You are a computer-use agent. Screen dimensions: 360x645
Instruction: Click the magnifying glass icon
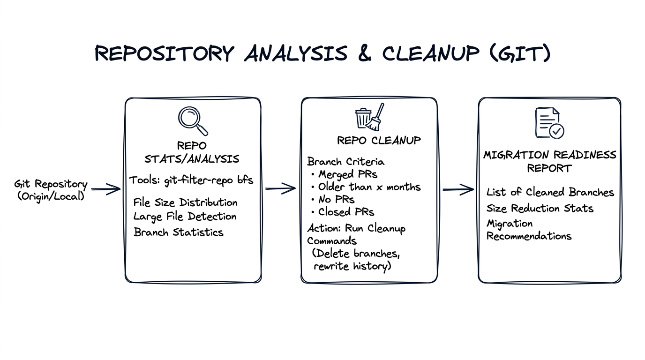point(192,120)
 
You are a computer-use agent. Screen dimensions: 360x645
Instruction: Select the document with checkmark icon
point(549,123)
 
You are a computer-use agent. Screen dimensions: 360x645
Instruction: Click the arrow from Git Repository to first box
point(106,189)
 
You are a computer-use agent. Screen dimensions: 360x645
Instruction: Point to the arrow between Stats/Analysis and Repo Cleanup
point(280,189)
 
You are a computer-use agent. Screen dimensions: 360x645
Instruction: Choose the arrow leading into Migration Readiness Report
point(458,189)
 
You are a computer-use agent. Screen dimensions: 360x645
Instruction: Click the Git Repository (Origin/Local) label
point(51,190)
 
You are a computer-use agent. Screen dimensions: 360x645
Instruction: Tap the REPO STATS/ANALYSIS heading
point(191,152)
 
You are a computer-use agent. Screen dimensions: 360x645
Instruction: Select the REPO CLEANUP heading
point(379,140)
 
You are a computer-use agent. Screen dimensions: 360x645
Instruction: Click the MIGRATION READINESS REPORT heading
point(549,161)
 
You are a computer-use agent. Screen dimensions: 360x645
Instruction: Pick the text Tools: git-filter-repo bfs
point(191,180)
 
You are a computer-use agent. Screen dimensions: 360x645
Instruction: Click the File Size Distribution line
point(185,202)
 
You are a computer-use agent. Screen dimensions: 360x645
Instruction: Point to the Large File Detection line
point(185,217)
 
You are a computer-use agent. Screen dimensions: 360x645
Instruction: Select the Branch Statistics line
point(178,232)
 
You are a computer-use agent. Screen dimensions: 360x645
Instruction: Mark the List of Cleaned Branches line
point(550,192)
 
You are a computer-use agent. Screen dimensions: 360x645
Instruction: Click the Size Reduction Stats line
point(540,208)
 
